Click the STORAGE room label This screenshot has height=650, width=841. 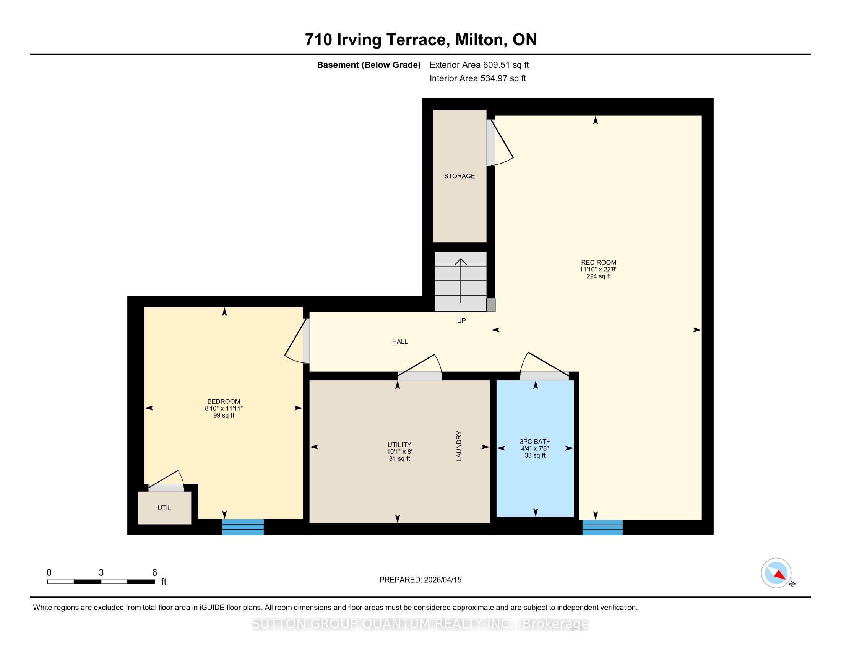[459, 176]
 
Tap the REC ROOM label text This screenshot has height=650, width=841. [598, 263]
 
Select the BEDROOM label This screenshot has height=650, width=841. [224, 401]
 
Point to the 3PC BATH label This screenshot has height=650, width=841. [535, 442]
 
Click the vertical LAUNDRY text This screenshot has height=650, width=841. [459, 446]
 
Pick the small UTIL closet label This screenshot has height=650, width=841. [164, 508]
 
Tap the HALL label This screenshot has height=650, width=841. [400, 341]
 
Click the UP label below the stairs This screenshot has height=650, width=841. [461, 321]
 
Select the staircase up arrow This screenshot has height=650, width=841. [461, 281]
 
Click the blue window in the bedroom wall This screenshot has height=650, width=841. [243, 527]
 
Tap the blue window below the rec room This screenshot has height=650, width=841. [602, 528]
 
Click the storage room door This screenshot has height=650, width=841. [500, 143]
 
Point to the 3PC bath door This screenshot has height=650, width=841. [544, 366]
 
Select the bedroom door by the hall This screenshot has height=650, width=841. [297, 341]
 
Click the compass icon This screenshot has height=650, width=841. [776, 573]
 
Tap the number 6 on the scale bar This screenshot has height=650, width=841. [154, 573]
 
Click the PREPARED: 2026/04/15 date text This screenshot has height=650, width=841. [420, 580]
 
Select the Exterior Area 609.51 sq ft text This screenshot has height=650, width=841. [479, 65]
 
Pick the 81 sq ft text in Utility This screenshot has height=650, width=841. [399, 458]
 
